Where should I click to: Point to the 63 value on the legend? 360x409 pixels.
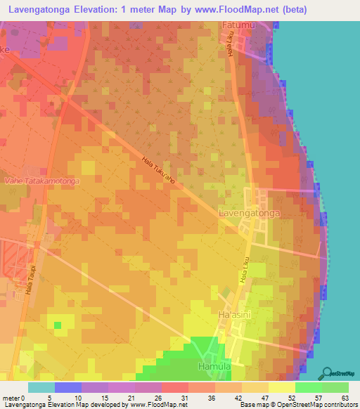(x=345, y=397)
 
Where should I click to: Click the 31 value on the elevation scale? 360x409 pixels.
(x=186, y=397)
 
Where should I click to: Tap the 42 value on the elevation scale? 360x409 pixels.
(x=239, y=397)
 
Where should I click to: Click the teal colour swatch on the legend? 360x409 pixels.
(x=41, y=387)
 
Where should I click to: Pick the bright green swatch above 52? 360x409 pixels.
(x=308, y=387)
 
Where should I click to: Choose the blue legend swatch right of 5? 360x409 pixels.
(x=67, y=387)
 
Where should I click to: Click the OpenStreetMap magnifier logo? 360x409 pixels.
(x=327, y=373)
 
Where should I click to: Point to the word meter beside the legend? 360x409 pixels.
(x=11, y=397)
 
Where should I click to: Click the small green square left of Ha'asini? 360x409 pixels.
(x=58, y=325)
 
